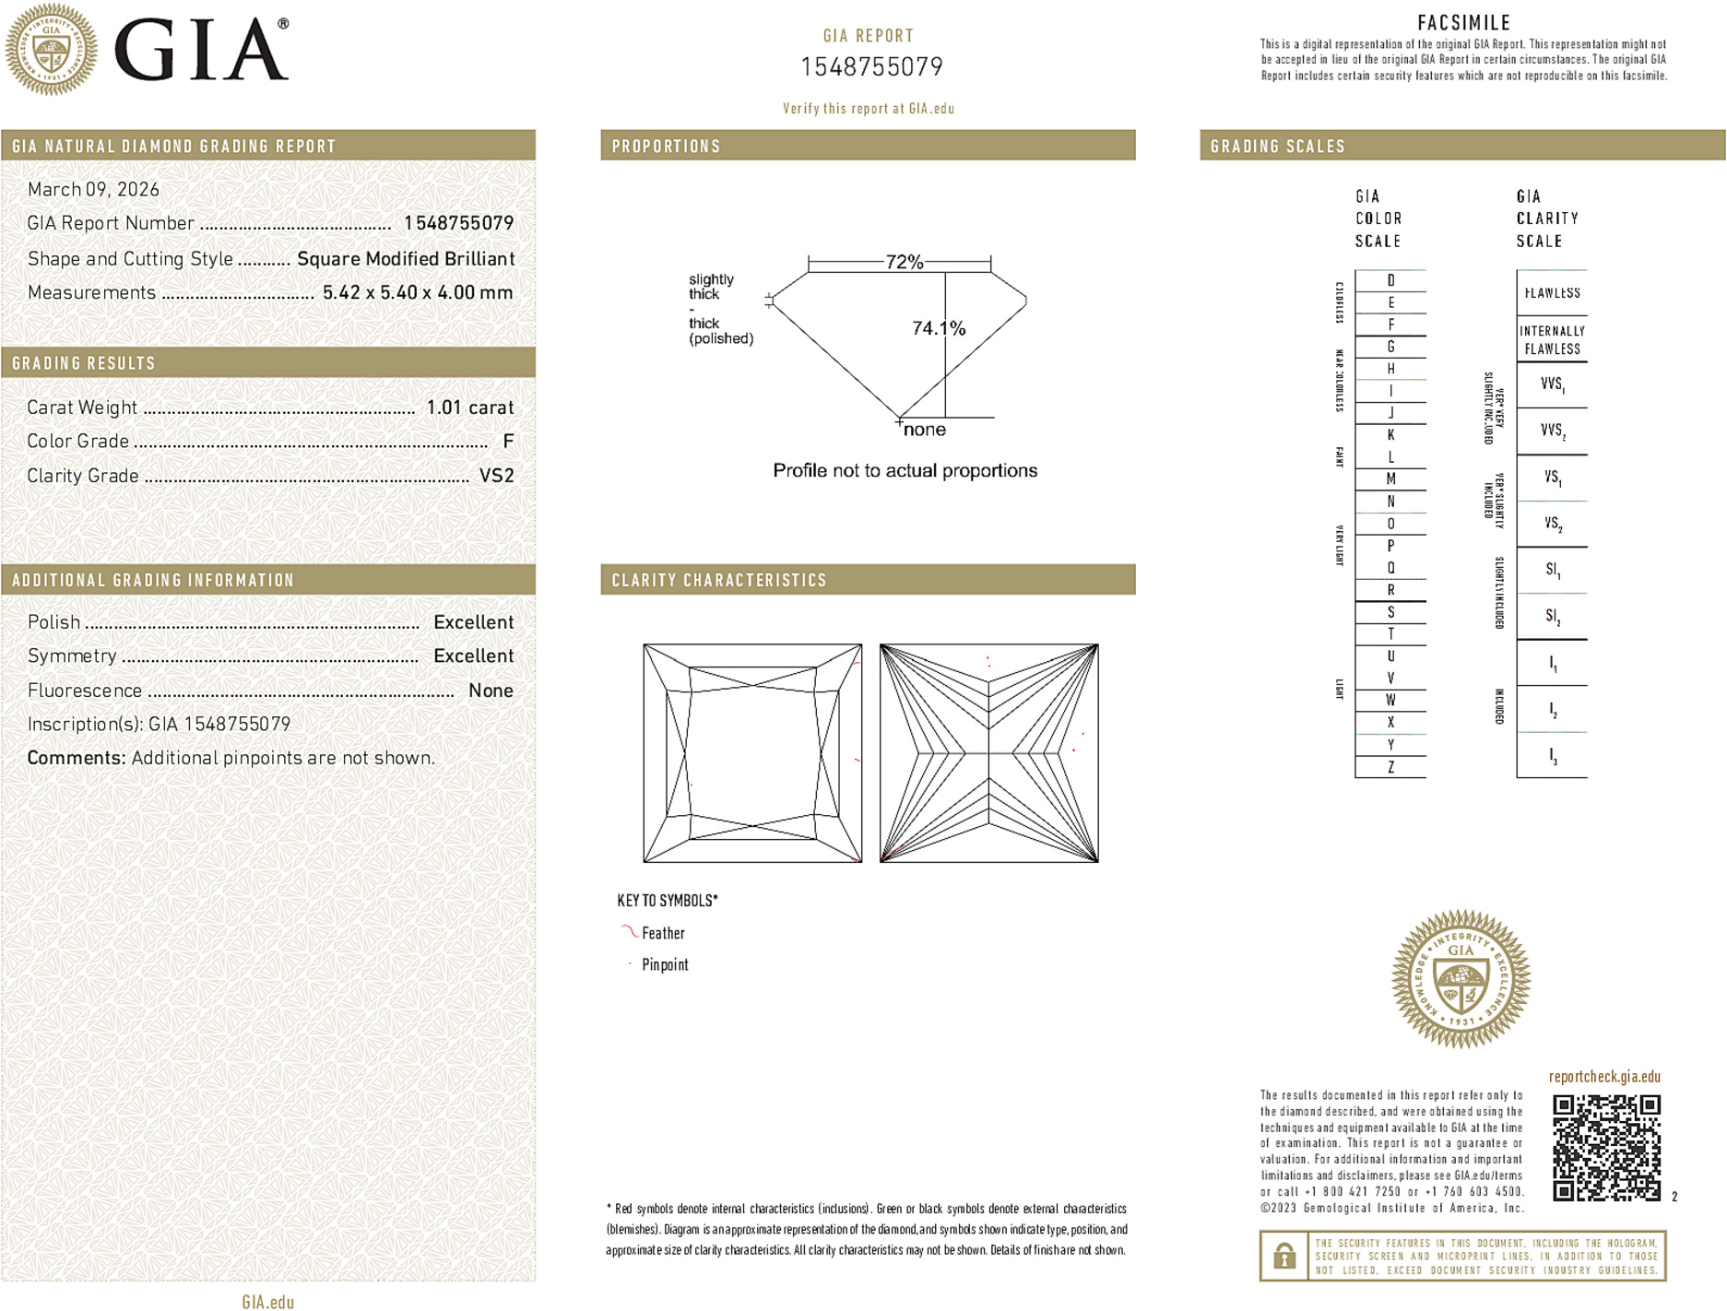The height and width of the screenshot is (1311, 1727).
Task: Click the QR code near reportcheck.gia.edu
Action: [x=1605, y=1147]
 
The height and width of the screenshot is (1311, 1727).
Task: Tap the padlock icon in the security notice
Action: [x=1283, y=1256]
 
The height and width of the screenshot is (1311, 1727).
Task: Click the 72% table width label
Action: [x=904, y=262]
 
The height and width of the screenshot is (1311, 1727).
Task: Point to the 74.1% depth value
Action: [x=938, y=328]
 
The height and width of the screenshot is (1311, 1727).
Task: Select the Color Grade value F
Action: [x=508, y=442]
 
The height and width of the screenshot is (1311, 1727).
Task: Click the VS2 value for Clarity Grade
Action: [x=496, y=476]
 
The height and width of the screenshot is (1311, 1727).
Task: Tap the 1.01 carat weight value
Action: [x=469, y=407]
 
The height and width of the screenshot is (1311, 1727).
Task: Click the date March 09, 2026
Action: [x=93, y=189]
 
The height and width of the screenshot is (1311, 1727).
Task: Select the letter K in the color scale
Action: [x=1390, y=435]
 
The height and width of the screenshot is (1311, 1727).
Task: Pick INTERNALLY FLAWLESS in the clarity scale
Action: [x=1552, y=339]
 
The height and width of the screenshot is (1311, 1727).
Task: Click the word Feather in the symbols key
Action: [x=663, y=933]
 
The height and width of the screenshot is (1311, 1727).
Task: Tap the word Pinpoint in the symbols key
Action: [x=665, y=964]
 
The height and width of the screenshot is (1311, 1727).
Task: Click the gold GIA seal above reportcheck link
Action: [x=1461, y=979]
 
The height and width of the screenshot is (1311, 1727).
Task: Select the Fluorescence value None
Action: [x=491, y=691]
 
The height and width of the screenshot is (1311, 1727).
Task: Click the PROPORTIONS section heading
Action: [x=666, y=147]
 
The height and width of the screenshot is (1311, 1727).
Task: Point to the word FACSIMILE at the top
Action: [x=1463, y=22]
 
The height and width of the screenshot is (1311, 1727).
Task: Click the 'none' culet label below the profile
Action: [x=924, y=430]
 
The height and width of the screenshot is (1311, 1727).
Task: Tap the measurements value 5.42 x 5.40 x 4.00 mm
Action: [x=417, y=292]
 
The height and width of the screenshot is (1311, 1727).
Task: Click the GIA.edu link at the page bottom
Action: [x=267, y=1301]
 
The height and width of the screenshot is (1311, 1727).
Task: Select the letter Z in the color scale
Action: [x=1390, y=767]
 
